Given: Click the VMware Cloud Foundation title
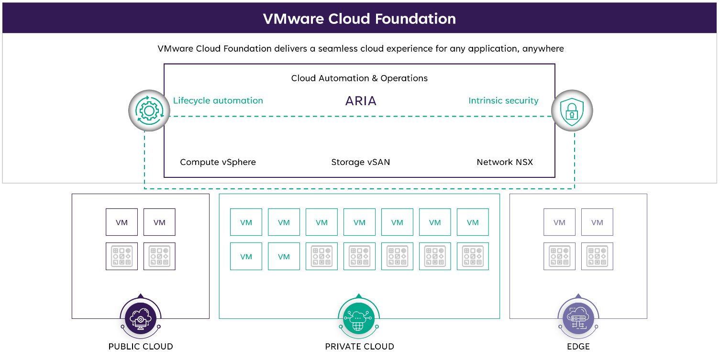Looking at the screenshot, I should pyautogui.click(x=359, y=19).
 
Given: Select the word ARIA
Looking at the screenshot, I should pyautogui.click(x=361, y=101).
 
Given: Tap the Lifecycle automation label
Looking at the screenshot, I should pyautogui.click(x=218, y=100).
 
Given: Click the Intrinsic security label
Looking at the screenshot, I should pyautogui.click(x=503, y=100).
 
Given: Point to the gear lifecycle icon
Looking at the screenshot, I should pyautogui.click(x=149, y=111).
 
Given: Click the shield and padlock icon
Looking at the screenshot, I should pyautogui.click(x=572, y=111).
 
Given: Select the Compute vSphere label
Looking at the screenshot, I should pyautogui.click(x=218, y=162).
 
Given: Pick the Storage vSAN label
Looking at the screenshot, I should pyautogui.click(x=361, y=162).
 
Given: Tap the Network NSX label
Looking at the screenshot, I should pyautogui.click(x=505, y=162).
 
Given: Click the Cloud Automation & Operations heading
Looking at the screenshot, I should pyautogui.click(x=359, y=78).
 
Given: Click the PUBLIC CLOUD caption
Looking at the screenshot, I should pyautogui.click(x=141, y=347).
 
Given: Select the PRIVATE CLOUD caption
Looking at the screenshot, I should pyautogui.click(x=359, y=347).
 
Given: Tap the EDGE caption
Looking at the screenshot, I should pyautogui.click(x=578, y=347).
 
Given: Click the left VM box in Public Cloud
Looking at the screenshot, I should pyautogui.click(x=122, y=222).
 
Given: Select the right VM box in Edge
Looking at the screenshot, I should pyautogui.click(x=597, y=222).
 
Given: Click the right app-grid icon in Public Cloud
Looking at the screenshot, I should pyautogui.click(x=159, y=256).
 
